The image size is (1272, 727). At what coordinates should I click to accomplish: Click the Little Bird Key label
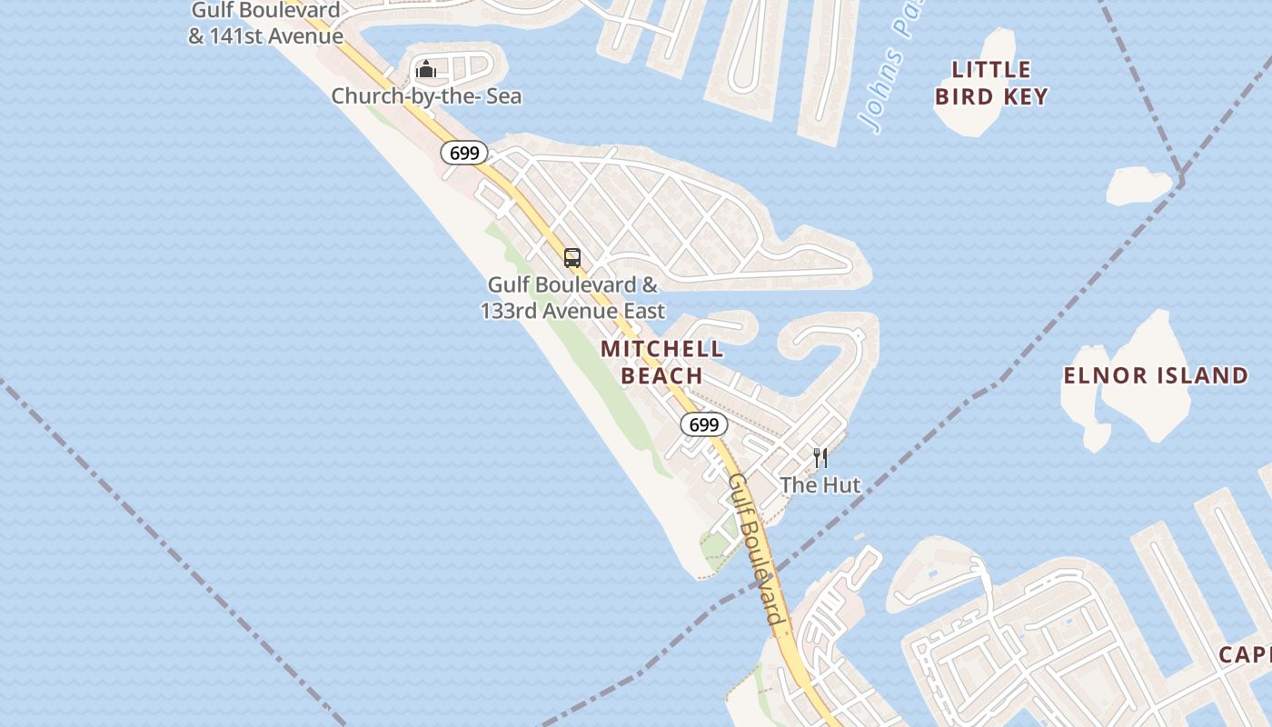pyautogui.click(x=991, y=83)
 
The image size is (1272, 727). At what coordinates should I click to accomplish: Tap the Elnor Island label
pyautogui.click(x=1156, y=375)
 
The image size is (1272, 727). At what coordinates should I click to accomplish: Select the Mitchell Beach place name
pyautogui.click(x=662, y=362)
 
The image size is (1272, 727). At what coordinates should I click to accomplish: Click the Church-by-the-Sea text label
pyautogui.click(x=426, y=96)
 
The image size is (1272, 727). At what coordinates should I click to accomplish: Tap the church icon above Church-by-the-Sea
pyautogui.click(x=426, y=69)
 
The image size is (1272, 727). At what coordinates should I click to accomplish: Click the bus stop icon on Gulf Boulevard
pyautogui.click(x=572, y=258)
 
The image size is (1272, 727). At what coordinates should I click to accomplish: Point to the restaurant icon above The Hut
pyautogui.click(x=820, y=457)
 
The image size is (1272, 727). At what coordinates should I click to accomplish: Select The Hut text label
pyautogui.click(x=820, y=484)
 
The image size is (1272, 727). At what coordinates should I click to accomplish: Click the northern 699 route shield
pyautogui.click(x=464, y=153)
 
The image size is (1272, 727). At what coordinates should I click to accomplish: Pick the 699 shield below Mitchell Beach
pyautogui.click(x=704, y=424)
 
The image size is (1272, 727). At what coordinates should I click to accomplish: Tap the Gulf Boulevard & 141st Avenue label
pyautogui.click(x=265, y=24)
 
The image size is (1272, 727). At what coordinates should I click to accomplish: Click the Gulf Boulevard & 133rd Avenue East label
pyautogui.click(x=572, y=298)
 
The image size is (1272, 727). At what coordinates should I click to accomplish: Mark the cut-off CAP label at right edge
pyautogui.click(x=1245, y=654)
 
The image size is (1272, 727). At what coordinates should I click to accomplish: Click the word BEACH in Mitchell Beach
pyautogui.click(x=662, y=375)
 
